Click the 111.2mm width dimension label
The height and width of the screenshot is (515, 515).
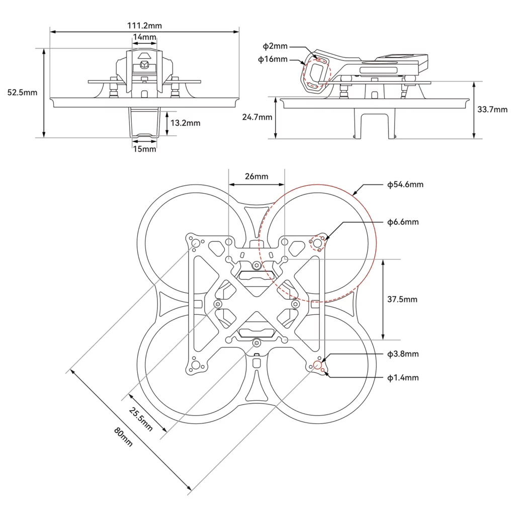pyautogui.click(x=144, y=25)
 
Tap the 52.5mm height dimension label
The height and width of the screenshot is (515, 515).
pyautogui.click(x=23, y=93)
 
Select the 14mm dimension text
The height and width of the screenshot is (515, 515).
pyautogui.click(x=144, y=37)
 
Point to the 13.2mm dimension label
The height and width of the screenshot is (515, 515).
pyautogui.click(x=185, y=123)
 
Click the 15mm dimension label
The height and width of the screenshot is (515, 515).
pyautogui.click(x=144, y=149)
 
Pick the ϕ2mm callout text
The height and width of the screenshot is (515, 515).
pyautogui.click(x=275, y=46)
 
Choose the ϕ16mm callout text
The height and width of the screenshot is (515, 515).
pyautogui.click(x=273, y=59)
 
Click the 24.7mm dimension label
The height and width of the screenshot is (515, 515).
pyautogui.click(x=257, y=117)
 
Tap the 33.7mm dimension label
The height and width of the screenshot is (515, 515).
pyautogui.click(x=493, y=110)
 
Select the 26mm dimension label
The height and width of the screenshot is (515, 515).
pyautogui.click(x=256, y=176)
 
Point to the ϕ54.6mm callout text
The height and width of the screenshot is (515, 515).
pyautogui.click(x=405, y=185)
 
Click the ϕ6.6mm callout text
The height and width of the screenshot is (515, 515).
pyautogui.click(x=403, y=222)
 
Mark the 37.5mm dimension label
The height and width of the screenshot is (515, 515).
pyautogui.click(x=402, y=299)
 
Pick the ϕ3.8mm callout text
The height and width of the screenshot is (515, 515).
pyautogui.click(x=403, y=354)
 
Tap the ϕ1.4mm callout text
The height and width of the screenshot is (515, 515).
pyautogui.click(x=403, y=378)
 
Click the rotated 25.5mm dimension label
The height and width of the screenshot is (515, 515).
pyautogui.click(x=141, y=419)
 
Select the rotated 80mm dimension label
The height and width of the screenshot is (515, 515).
pyautogui.click(x=124, y=437)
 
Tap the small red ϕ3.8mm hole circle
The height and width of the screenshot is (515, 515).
pyautogui.click(x=317, y=365)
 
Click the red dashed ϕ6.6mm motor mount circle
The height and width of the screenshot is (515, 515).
pyautogui.click(x=318, y=242)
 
